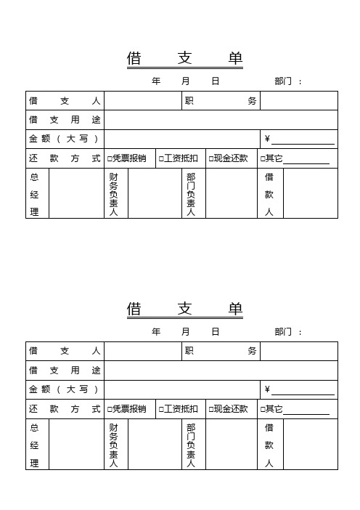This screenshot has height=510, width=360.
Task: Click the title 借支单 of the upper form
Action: coord(185,59)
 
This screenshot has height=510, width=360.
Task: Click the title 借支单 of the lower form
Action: coord(185,309)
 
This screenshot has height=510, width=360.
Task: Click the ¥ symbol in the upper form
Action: coord(267,139)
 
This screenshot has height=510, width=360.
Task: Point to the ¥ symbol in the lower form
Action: coord(267,390)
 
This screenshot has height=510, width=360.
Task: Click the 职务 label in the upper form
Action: coord(221,101)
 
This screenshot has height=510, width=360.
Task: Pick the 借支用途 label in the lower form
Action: coord(65,371)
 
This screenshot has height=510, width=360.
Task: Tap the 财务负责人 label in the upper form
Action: coord(114,194)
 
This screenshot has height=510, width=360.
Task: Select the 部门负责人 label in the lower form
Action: coord(191,445)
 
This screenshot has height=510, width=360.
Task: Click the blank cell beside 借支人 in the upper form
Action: coord(142,101)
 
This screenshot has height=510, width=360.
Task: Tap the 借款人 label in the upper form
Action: coord(269,194)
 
